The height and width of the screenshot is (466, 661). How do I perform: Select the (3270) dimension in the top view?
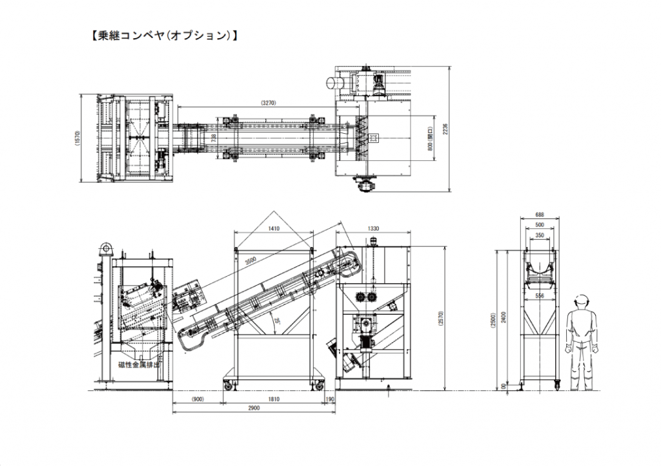click(x=270, y=103)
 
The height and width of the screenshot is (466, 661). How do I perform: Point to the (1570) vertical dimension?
click(x=77, y=138)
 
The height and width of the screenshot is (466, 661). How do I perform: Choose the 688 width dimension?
click(x=539, y=215)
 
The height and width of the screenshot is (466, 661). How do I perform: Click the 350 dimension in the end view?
click(x=539, y=236)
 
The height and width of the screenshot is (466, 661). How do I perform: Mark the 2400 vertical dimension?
click(x=503, y=317)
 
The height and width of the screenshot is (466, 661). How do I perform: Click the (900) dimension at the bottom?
click(x=198, y=399)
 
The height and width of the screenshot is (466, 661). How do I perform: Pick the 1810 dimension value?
click(x=274, y=399)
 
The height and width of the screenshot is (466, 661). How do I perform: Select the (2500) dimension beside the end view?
click(x=493, y=317)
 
